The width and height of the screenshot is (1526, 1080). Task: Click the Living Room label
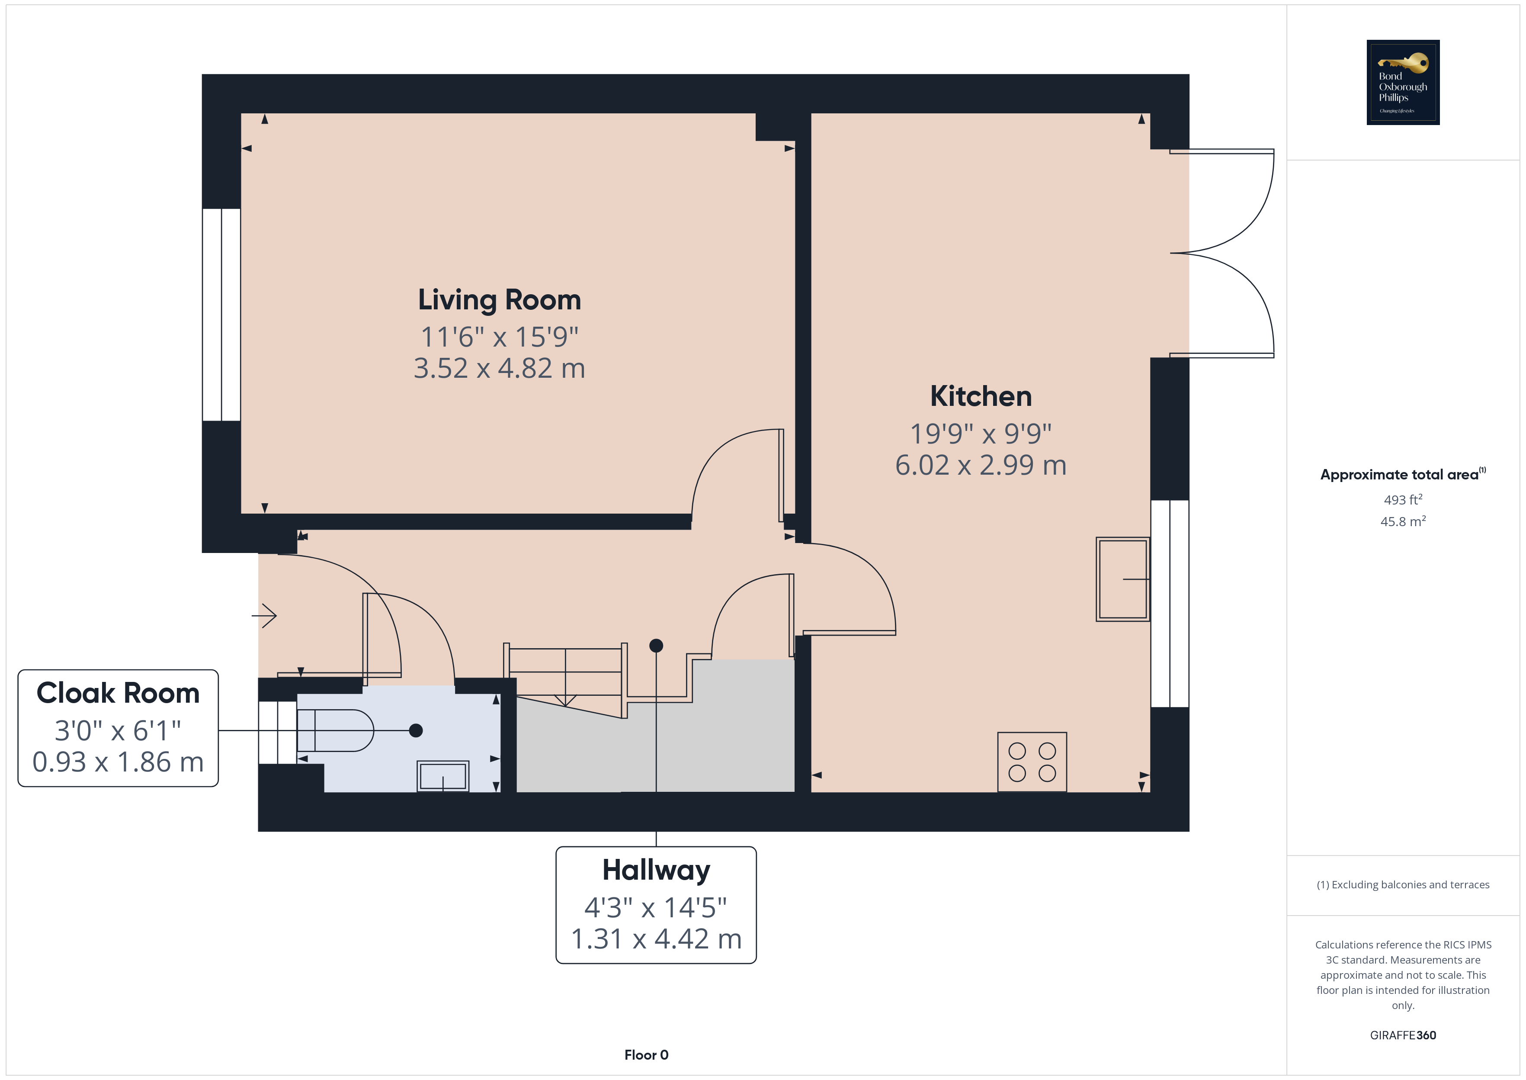[499, 300]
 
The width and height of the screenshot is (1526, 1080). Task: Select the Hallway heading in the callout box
[656, 871]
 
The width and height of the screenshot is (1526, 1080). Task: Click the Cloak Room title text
[118, 693]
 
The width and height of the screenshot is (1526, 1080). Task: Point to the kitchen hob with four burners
[1032, 762]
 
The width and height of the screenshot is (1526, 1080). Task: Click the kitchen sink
[1122, 579]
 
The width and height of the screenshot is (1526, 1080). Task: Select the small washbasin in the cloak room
[442, 776]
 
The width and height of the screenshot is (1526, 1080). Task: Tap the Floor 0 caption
[646, 1055]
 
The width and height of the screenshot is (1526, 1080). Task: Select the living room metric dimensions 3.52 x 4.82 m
[499, 368]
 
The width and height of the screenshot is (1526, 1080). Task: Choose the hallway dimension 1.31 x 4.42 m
[656, 939]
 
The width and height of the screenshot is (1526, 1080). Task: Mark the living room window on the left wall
[221, 315]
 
